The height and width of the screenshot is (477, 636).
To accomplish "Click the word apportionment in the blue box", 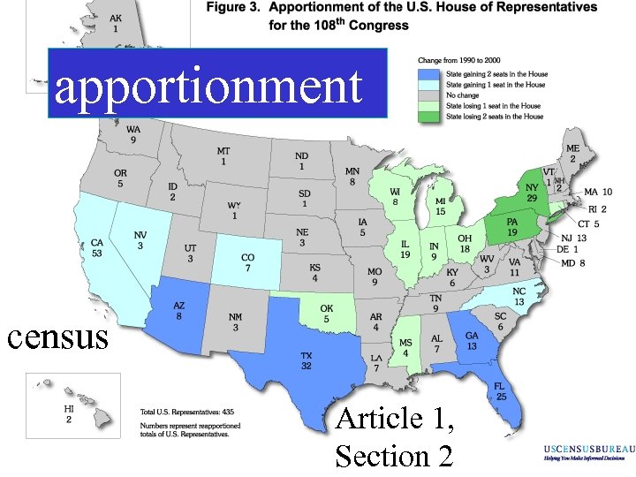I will (x=209, y=87).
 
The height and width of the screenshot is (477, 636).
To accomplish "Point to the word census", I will (x=57, y=336).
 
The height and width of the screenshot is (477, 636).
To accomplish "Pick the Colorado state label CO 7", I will (x=248, y=263).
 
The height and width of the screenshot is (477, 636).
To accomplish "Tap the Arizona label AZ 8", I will (x=179, y=307).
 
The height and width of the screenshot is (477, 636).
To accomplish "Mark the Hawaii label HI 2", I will (x=69, y=415).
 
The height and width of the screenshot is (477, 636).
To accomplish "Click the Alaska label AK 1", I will (x=116, y=23).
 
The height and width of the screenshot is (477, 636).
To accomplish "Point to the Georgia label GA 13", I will (x=473, y=341).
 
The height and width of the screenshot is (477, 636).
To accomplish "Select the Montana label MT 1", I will (x=223, y=156).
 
